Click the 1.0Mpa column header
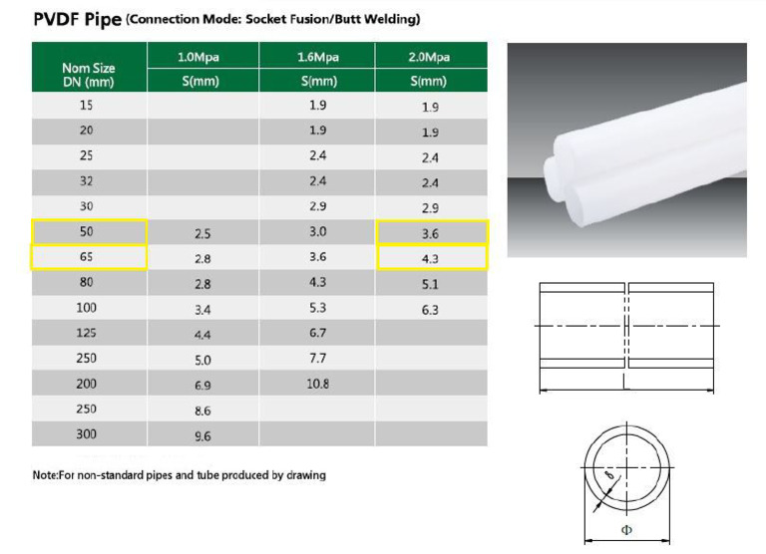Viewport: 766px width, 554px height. click(203, 57)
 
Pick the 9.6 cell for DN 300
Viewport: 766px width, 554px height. click(202, 435)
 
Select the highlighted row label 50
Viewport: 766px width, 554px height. click(88, 232)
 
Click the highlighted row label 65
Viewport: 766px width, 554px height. click(88, 258)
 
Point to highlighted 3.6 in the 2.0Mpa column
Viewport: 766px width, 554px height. click(430, 233)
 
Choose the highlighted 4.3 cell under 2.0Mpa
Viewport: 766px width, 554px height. click(430, 259)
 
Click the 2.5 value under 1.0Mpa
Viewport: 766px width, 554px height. click(202, 233)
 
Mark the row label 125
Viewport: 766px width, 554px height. click(88, 333)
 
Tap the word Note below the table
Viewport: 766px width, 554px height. click(46, 475)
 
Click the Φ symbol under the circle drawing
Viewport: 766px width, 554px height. click(626, 530)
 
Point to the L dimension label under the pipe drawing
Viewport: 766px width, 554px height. click(625, 380)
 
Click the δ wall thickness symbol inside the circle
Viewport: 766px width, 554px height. click(610, 480)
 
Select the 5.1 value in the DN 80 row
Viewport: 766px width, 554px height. click(430, 285)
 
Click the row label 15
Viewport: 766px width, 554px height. click(88, 106)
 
